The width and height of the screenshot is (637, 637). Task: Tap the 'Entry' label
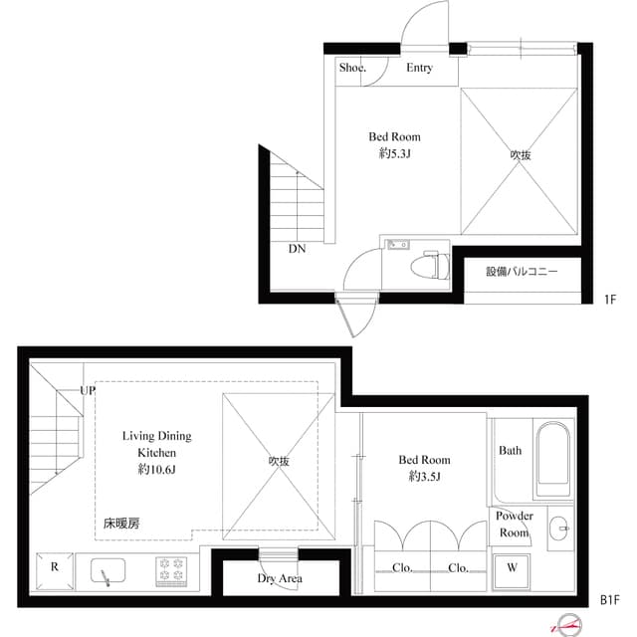(x=419, y=68)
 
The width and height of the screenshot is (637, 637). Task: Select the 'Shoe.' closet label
(x=352, y=68)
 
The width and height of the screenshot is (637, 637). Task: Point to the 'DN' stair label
(x=297, y=249)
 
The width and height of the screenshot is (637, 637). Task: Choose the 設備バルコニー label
(x=522, y=272)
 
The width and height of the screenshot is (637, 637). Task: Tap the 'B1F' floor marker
(x=610, y=600)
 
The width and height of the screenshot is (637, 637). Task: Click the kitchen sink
(x=106, y=572)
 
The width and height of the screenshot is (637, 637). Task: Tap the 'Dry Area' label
(x=280, y=578)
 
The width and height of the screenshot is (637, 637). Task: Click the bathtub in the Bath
(x=551, y=460)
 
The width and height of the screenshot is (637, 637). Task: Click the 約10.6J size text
(x=156, y=468)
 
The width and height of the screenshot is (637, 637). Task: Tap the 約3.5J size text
(x=424, y=476)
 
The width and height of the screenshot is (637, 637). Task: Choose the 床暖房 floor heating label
(x=121, y=522)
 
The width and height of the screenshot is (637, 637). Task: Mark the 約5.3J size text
(x=394, y=153)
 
